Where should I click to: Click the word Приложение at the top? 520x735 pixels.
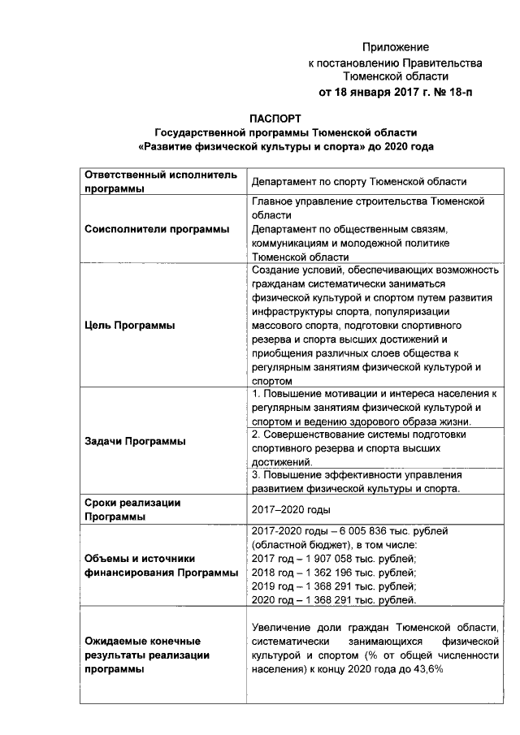pos(395,47)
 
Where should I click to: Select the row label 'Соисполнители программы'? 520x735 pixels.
pos(158,228)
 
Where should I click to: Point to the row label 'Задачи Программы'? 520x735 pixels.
pos(135,441)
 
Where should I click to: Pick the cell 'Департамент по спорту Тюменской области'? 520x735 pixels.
pos(359,182)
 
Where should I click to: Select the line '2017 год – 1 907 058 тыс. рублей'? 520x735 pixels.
pos(335,559)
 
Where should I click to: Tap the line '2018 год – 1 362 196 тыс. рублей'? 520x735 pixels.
pos(335,573)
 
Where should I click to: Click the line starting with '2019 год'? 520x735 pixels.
pos(335,586)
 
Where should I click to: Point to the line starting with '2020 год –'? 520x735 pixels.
pos(335,600)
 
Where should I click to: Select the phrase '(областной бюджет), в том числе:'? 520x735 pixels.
pos(335,544)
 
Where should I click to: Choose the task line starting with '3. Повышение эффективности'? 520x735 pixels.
pos(357,474)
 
